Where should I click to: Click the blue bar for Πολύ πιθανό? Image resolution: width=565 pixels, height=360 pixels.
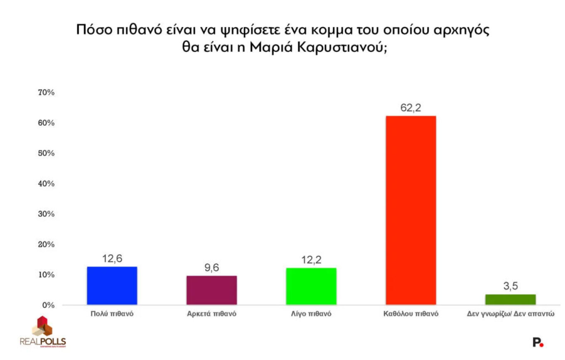pyautogui.click(x=112, y=286)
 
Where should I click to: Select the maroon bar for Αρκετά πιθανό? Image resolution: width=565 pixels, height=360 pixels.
pyautogui.click(x=211, y=290)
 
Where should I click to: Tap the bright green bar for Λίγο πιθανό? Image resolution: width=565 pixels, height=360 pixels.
pyautogui.click(x=311, y=287)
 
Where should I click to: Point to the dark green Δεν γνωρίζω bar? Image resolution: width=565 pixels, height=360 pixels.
pyautogui.click(x=511, y=299)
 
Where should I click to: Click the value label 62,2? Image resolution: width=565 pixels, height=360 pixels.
pyautogui.click(x=411, y=108)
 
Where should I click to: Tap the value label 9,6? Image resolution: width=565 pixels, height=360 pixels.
pyautogui.click(x=211, y=268)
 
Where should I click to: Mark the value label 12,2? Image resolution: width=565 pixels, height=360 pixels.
pyautogui.click(x=311, y=260)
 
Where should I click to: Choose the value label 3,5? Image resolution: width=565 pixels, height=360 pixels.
pyautogui.click(x=511, y=287)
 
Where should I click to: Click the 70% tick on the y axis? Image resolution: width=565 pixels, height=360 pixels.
pyautogui.click(x=46, y=93)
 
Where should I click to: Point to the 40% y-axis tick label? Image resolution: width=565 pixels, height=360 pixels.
pyautogui.click(x=46, y=184)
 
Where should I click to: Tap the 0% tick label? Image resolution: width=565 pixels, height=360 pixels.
pyautogui.click(x=48, y=305)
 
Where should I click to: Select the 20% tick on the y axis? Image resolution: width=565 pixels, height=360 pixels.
pyautogui.click(x=46, y=245)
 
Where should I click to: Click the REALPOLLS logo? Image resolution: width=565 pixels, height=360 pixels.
pyautogui.click(x=43, y=332)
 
